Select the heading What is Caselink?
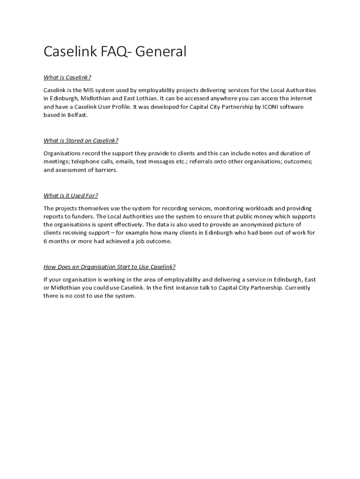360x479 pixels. tap(67, 77)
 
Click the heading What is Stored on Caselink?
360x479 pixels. tap(81, 140)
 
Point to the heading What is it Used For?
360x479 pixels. tap(71, 196)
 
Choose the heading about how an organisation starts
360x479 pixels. tap(109, 267)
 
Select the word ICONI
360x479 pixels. tap(266, 107)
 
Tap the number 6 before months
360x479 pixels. tap(45, 241)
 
